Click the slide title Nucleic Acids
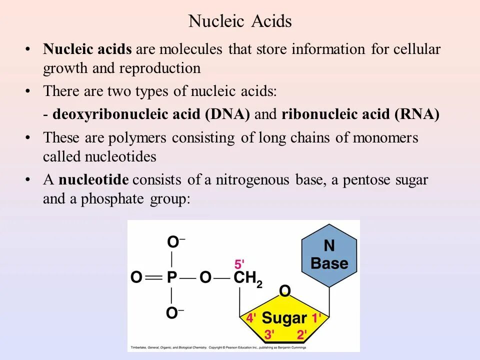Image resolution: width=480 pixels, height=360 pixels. (x=239, y=21)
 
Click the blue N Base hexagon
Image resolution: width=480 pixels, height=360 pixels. (x=329, y=255)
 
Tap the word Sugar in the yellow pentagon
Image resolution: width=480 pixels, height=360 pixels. (x=284, y=317)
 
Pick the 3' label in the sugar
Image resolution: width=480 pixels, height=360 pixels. (x=269, y=334)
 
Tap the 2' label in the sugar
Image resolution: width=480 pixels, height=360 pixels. (x=302, y=334)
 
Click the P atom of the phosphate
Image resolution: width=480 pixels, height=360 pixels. (x=172, y=278)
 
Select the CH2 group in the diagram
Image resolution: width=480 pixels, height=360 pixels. (x=248, y=279)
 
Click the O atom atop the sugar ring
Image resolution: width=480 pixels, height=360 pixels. (x=284, y=291)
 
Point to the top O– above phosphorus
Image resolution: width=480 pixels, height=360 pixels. (x=174, y=243)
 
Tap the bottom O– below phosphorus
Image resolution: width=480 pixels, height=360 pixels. (x=174, y=313)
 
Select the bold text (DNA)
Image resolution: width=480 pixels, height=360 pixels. (x=227, y=114)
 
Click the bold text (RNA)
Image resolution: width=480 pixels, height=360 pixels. (x=416, y=114)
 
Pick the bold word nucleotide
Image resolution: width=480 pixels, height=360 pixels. (x=93, y=180)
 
